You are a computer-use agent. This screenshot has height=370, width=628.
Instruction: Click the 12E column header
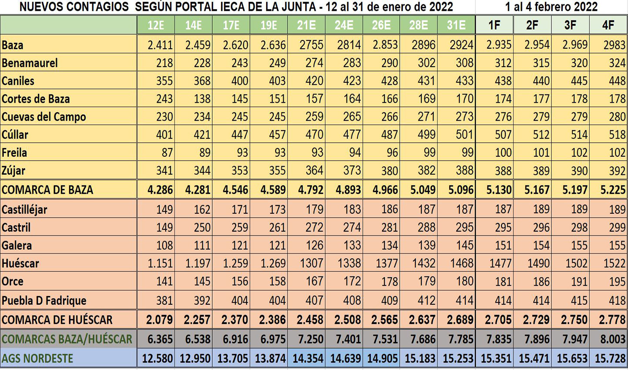tap(156, 25)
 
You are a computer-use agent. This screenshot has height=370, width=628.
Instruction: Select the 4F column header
tap(608, 25)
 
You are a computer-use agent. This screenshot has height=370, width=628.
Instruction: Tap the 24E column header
tap(344, 25)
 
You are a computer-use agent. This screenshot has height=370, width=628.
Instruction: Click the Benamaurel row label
tap(30, 63)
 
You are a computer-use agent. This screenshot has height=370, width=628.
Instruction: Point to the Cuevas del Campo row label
tap(43, 117)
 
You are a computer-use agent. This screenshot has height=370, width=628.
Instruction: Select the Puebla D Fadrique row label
tap(43, 300)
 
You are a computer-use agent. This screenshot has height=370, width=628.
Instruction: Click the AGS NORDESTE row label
tap(37, 358)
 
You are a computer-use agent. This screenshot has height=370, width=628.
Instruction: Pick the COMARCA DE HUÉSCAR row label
tap(57, 320)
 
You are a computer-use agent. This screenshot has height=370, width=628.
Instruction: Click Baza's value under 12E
tap(160, 45)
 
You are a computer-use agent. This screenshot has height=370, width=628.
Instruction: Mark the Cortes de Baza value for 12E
tap(164, 99)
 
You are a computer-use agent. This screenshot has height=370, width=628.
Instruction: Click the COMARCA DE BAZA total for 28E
tap(420, 190)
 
